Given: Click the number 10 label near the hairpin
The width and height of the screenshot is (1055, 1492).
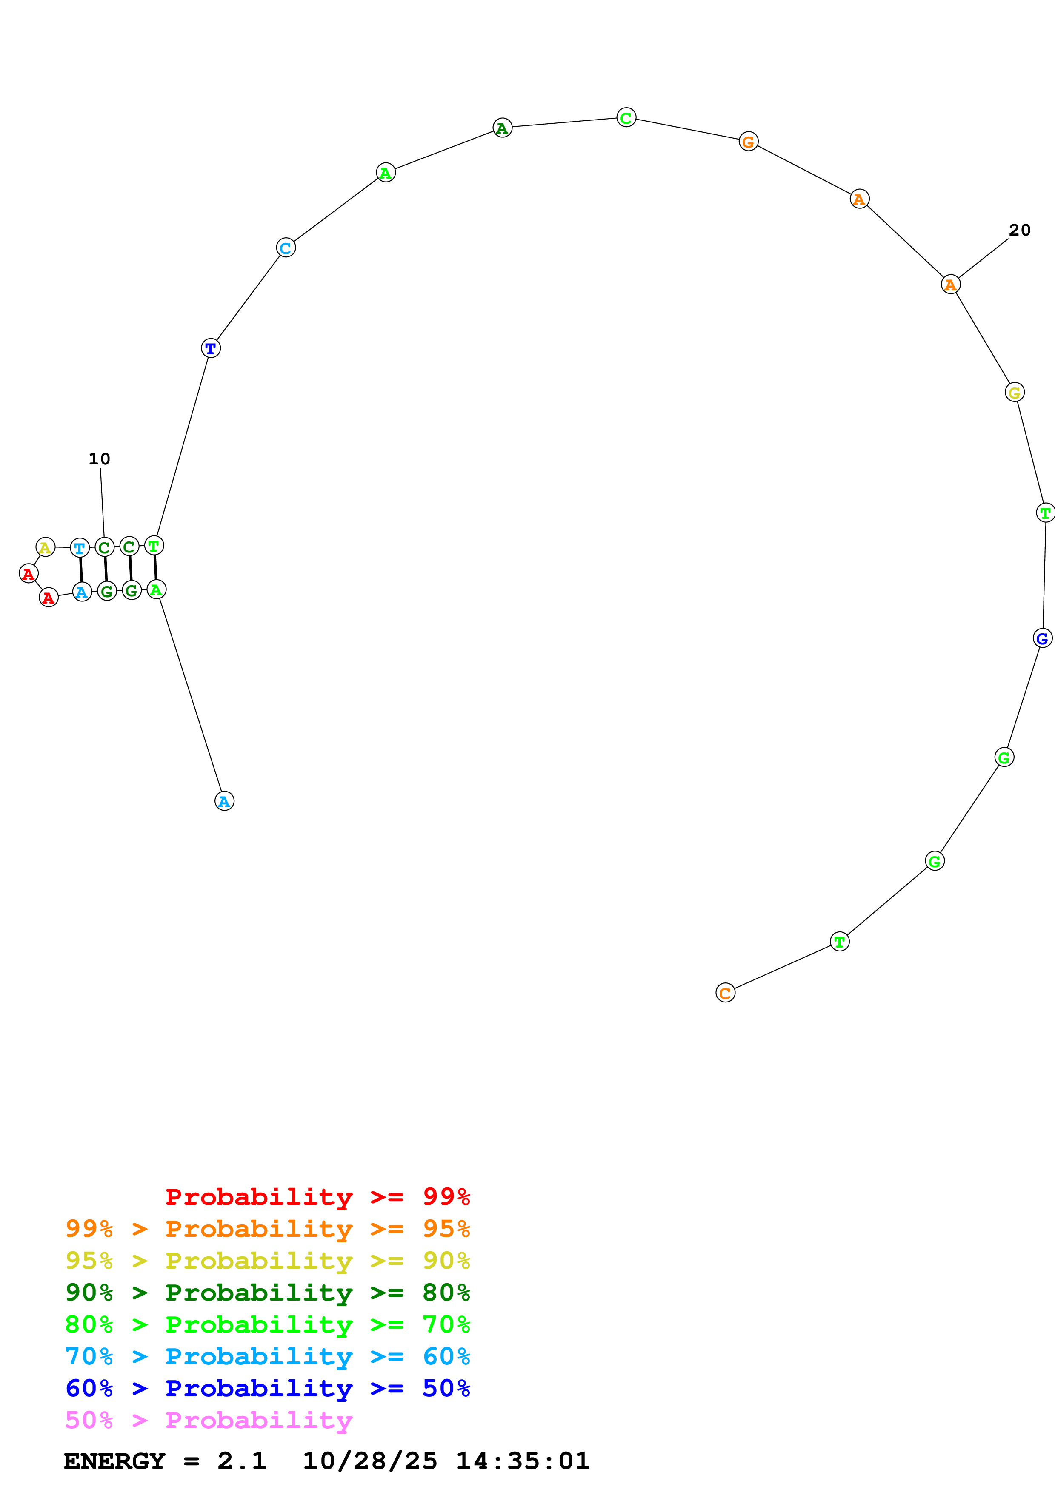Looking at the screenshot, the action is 100,459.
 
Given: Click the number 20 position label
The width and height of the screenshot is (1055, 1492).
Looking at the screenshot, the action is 1019,230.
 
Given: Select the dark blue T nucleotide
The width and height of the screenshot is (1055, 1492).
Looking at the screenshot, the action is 211,348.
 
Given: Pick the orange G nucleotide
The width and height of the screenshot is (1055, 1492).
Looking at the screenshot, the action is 748,142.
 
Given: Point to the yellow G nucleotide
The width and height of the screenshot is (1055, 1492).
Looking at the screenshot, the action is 1014,393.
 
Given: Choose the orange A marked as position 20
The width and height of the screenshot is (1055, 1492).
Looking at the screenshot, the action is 950,285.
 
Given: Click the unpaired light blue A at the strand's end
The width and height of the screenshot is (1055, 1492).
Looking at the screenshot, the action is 224,801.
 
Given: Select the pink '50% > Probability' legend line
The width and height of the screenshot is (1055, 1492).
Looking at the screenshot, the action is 208,1421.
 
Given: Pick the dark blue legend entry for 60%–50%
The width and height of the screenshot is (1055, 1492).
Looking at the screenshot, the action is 267,1389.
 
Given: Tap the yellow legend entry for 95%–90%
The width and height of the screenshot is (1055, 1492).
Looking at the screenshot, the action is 267,1261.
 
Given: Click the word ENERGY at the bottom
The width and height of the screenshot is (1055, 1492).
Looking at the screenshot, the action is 114,1461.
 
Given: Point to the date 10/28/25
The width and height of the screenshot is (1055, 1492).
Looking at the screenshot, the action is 370,1461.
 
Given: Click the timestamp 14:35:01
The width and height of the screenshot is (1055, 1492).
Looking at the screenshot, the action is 523,1461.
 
